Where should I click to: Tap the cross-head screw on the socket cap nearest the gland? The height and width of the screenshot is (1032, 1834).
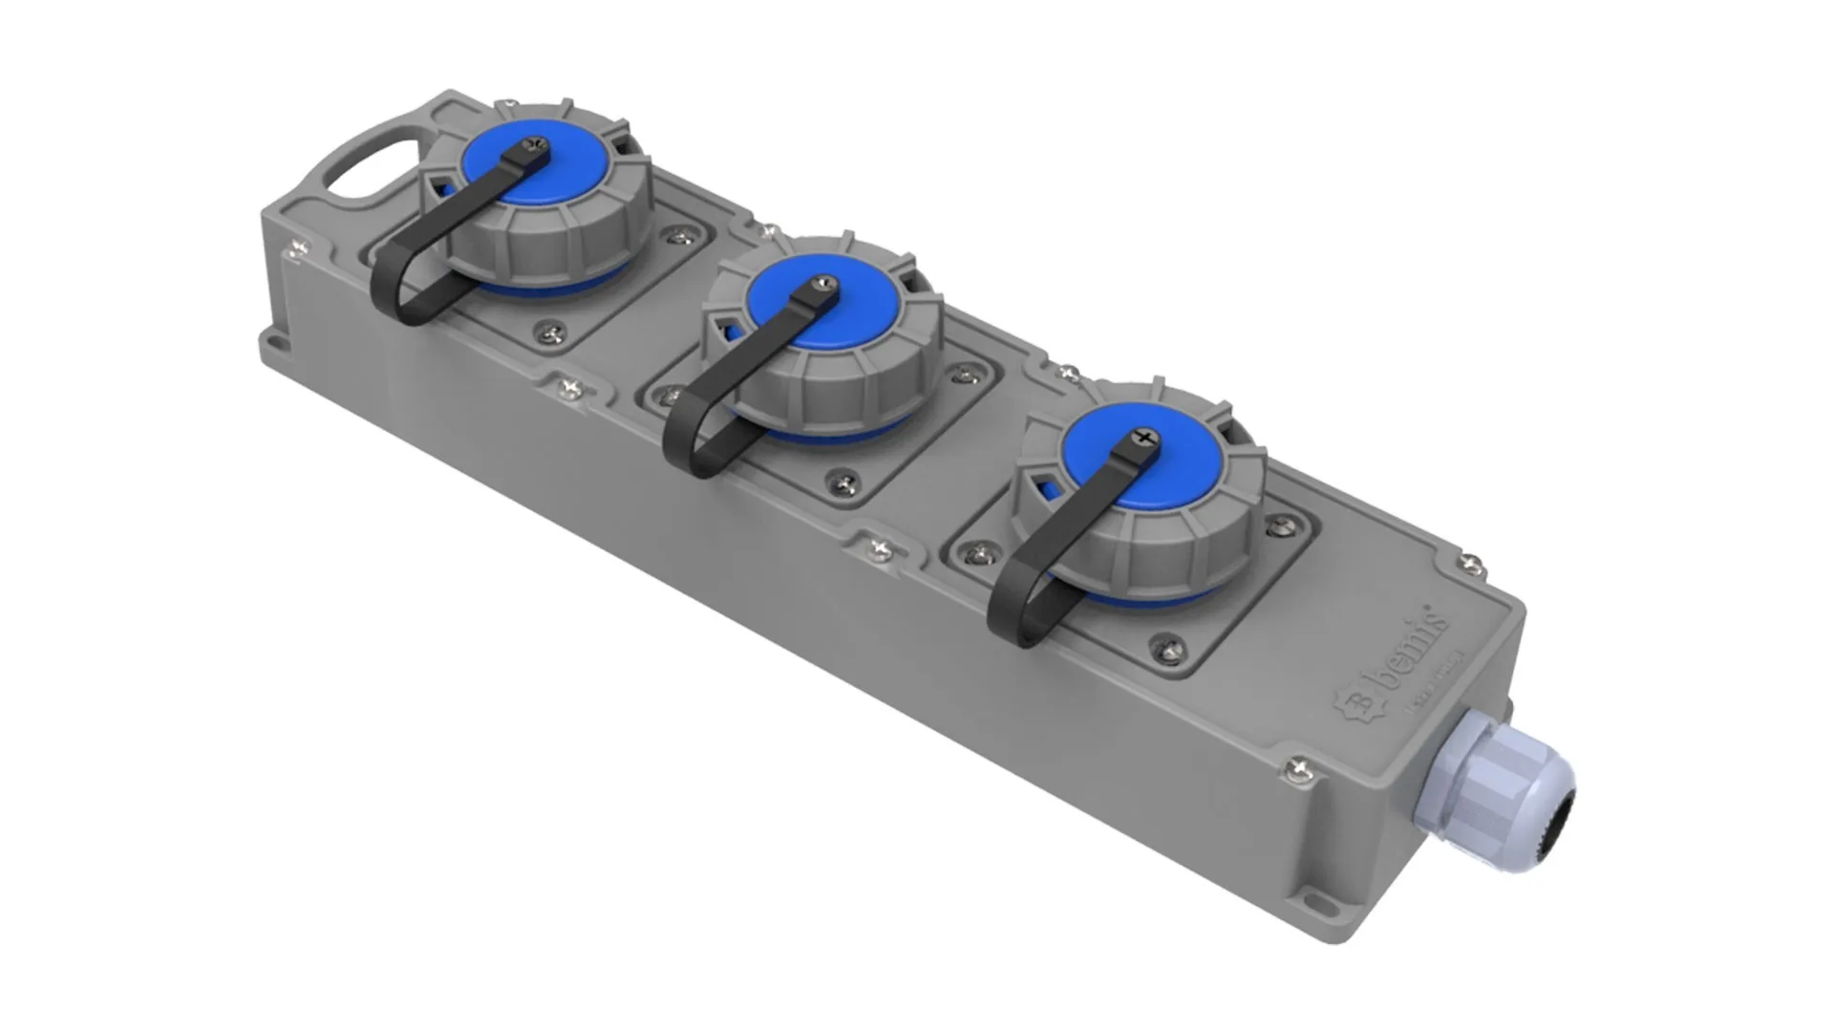click(x=1144, y=439)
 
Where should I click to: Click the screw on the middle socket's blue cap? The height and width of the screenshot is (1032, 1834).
click(x=824, y=284)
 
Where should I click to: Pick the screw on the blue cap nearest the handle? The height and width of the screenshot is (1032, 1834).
click(x=534, y=144)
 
